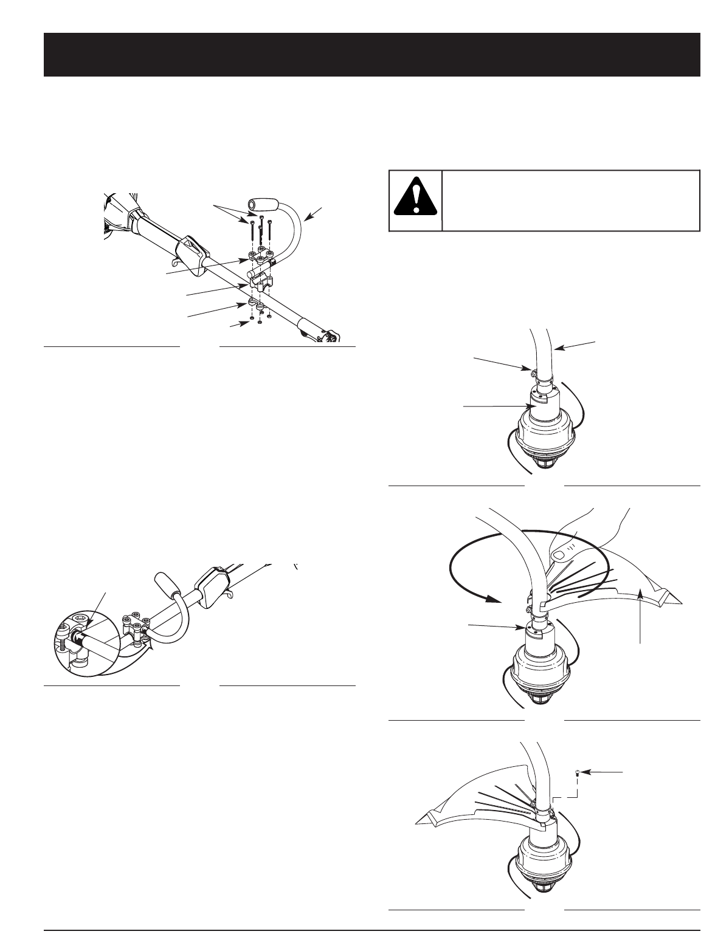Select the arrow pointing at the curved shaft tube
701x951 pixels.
(x=575, y=345)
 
